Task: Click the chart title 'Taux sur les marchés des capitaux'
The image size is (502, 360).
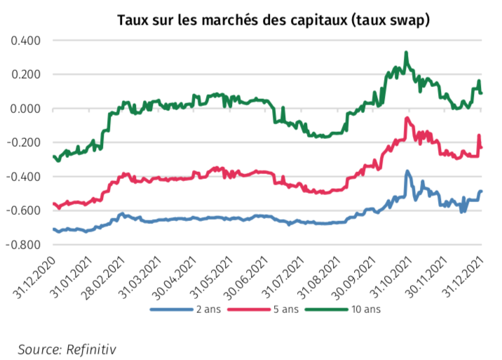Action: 273,21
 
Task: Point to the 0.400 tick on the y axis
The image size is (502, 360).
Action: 26,41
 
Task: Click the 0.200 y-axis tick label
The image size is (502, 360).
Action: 26,74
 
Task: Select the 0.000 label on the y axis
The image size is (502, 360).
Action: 26,109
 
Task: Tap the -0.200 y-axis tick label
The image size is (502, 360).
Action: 24,142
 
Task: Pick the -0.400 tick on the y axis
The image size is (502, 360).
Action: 24,177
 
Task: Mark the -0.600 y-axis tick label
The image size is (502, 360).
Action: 24,211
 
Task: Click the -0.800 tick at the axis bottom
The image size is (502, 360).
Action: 24,245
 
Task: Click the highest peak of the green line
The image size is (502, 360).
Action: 406,53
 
